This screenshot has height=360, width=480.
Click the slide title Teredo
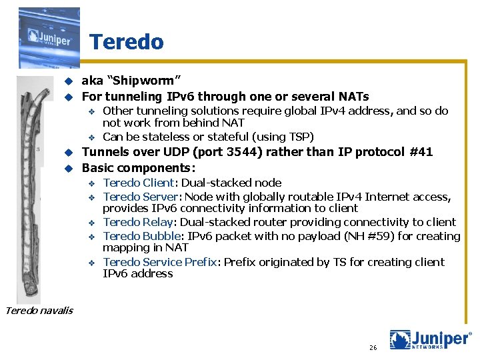(x=126, y=42)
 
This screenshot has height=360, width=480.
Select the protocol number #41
(x=419, y=152)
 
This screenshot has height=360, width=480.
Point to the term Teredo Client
(x=138, y=183)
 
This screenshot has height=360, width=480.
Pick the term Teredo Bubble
(x=141, y=236)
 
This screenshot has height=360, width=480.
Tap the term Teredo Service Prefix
(x=160, y=262)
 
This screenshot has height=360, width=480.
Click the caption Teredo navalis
(x=39, y=309)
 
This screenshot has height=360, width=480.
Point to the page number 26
(x=373, y=348)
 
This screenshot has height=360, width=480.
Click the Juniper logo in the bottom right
(x=430, y=340)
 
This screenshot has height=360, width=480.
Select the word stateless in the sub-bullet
(x=162, y=137)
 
